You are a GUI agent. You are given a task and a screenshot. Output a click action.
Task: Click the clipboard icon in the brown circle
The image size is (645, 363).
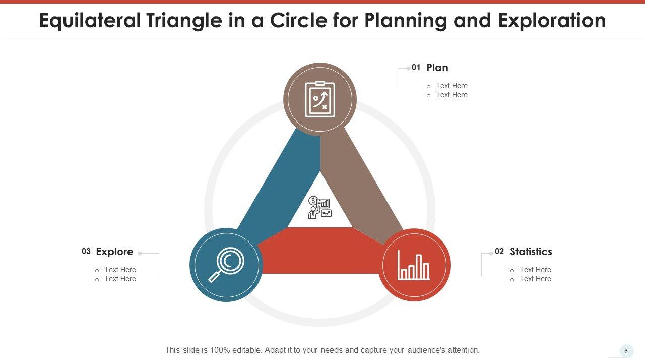(320, 99)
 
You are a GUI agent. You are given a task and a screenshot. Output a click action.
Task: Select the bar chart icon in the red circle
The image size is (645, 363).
(414, 265)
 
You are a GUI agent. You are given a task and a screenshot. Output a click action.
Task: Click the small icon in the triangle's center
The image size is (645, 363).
(320, 207)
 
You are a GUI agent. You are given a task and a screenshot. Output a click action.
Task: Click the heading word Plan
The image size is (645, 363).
(437, 68)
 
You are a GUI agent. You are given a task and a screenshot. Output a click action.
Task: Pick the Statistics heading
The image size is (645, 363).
(531, 252)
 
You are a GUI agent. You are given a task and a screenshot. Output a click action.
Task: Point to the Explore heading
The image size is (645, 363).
(114, 252)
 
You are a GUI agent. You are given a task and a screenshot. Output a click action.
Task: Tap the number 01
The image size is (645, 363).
(416, 68)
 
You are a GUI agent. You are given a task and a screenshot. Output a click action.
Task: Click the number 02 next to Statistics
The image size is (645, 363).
(499, 252)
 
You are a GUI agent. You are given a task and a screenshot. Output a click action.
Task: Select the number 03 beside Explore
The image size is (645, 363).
(86, 252)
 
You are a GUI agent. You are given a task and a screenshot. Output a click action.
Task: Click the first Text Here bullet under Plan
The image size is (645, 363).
(451, 86)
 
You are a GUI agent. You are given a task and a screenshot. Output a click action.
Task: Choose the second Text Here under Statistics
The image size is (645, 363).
(535, 279)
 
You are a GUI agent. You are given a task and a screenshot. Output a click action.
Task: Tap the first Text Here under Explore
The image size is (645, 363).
(120, 270)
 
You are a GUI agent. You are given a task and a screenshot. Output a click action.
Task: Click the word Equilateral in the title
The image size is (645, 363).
(90, 21)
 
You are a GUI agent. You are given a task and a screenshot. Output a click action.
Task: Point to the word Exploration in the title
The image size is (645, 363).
(552, 21)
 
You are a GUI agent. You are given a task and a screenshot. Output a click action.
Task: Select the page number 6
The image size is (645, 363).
(626, 351)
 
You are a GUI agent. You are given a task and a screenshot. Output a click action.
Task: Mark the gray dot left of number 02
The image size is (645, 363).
(491, 254)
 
